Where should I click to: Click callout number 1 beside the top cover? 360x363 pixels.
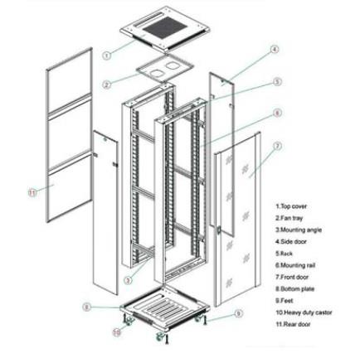tap(107, 56)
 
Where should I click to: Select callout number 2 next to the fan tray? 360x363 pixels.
tap(107, 84)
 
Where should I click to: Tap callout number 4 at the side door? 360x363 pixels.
tap(275, 51)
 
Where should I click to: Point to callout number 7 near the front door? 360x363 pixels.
tap(277, 145)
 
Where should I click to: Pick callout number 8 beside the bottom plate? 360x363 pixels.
tap(87, 306)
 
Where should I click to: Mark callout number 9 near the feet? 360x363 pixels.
tap(239, 314)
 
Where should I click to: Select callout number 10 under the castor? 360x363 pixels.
tap(117, 332)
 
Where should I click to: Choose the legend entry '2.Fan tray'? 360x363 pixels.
tap(289, 217)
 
